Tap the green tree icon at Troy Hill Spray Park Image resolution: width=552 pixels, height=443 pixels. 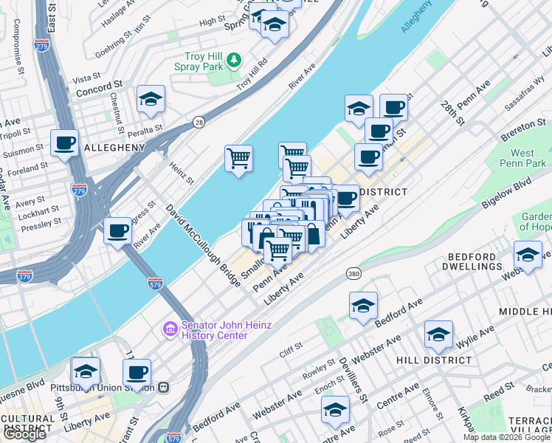[234, 58]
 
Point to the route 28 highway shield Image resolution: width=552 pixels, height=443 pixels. [199, 123]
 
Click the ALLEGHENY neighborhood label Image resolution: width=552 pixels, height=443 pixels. [114, 148]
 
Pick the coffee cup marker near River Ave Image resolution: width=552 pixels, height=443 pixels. [118, 232]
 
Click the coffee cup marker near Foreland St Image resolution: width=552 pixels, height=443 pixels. [64, 143]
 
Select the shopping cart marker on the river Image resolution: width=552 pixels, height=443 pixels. [238, 159]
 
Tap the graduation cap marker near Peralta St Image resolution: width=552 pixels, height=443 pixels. [151, 100]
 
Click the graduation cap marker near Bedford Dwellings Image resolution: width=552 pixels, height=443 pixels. [528, 255]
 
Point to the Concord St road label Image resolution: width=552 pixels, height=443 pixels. [98, 86]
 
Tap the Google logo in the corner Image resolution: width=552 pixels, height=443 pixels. [24, 434]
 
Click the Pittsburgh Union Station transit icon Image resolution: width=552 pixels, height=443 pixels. [163, 387]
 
